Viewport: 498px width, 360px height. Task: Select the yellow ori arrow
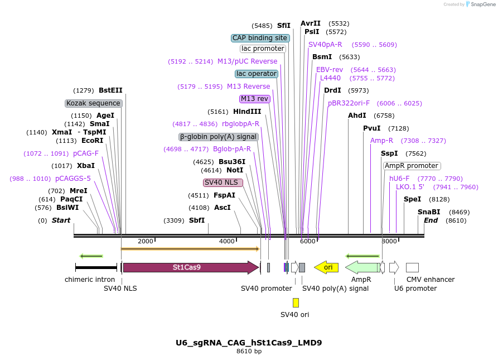[327, 267]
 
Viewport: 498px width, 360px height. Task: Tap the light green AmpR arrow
[362, 267]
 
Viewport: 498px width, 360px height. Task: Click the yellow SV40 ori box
[296, 303]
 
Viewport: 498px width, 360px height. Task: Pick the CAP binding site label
[260, 38]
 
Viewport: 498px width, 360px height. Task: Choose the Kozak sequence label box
[94, 103]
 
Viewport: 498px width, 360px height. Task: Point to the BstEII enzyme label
[110, 90]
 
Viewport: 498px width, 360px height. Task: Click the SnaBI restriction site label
[429, 212]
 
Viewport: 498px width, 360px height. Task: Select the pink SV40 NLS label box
[223, 183]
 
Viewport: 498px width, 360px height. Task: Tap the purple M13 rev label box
[255, 99]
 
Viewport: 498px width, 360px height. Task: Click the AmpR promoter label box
[412, 166]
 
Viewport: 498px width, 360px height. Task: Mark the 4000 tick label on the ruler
[226, 241]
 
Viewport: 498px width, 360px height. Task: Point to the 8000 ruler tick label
[389, 241]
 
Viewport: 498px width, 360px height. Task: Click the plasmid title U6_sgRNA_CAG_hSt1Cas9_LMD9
[249, 343]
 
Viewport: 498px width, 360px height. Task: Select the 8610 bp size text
[249, 352]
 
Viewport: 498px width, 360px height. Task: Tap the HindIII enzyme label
[247, 112]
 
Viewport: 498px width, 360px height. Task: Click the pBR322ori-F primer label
[349, 103]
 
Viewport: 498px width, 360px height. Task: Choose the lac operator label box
[257, 74]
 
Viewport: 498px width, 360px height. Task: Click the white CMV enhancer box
[412, 267]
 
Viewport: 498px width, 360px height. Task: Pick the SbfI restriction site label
[197, 220]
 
